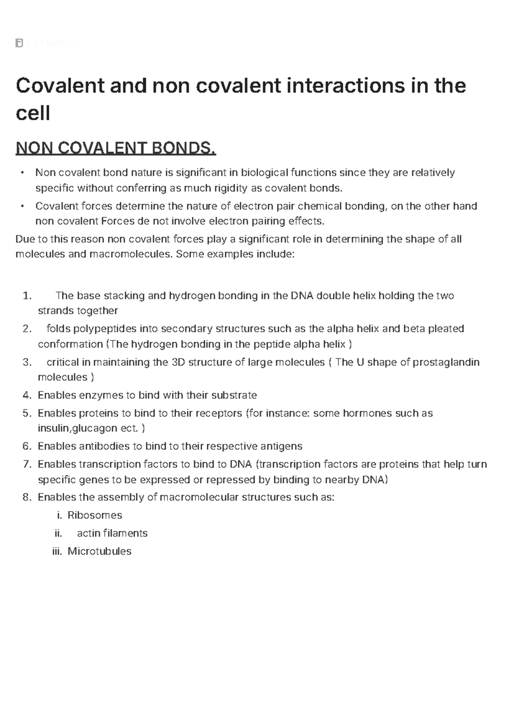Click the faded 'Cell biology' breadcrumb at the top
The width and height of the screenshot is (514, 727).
(53, 43)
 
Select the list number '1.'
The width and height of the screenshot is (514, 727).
(27, 296)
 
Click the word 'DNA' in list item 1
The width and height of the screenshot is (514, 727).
(302, 296)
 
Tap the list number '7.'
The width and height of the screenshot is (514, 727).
(27, 464)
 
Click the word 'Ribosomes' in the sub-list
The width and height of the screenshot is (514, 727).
(95, 515)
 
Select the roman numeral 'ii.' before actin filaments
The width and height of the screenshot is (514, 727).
(58, 533)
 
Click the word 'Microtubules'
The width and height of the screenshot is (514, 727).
(99, 551)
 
